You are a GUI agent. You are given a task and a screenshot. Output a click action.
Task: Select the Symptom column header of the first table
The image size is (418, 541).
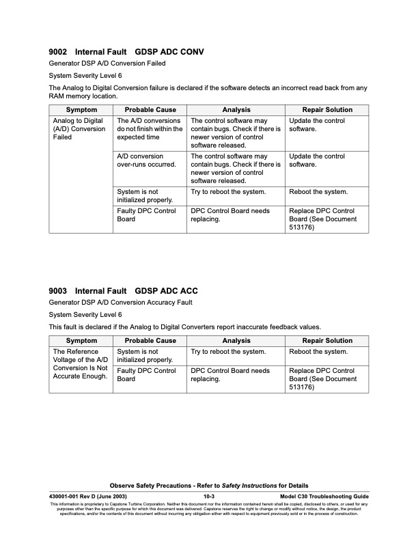pos(81,110)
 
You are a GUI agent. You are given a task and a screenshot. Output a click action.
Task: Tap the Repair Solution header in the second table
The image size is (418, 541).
pos(327,341)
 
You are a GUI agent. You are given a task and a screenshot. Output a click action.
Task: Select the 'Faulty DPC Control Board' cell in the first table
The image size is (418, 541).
pos(146,215)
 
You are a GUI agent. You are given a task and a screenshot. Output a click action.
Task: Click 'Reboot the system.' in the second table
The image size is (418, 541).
pos(318,352)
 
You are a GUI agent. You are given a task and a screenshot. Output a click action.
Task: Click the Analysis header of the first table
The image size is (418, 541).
pos(236,110)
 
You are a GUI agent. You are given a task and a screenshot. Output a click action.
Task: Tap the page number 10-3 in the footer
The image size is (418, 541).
pos(209,496)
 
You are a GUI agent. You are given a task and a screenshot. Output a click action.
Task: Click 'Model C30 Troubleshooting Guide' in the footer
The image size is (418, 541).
pos(324,496)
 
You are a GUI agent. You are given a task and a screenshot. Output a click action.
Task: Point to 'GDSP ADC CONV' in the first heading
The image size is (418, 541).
pos(169,52)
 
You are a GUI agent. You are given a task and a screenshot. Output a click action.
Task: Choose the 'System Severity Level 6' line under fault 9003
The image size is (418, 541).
pos(85,314)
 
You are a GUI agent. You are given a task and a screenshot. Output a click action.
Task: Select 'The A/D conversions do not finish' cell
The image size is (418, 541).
pos(149,129)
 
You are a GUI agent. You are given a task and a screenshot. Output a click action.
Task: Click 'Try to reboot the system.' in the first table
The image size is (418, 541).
pos(228,192)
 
